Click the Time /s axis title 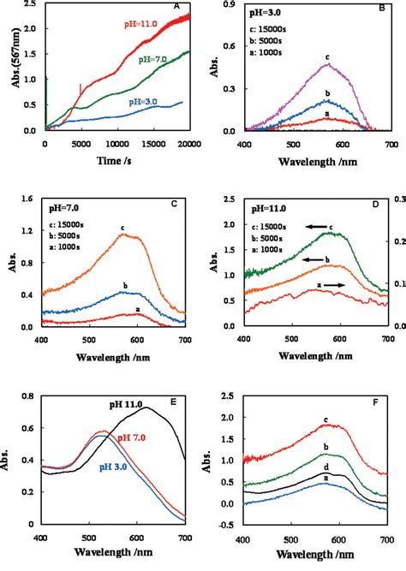coord(111,161)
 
